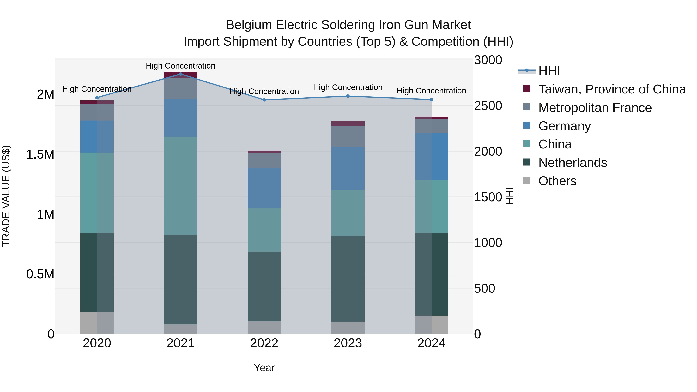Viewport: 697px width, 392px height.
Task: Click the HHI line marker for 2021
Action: point(180,74)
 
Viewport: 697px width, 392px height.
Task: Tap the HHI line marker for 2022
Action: point(264,100)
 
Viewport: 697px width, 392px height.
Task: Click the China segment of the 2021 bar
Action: point(180,186)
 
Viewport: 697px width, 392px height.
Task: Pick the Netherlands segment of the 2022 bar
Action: point(264,286)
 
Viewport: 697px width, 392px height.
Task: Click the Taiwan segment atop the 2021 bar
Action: point(180,75)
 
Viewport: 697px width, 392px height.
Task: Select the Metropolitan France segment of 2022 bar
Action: point(264,160)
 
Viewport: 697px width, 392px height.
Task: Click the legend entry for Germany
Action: point(564,126)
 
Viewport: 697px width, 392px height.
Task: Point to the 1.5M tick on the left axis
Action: point(40,154)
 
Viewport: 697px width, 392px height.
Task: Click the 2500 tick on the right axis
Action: point(488,106)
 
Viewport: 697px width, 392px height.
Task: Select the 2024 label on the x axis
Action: point(431,343)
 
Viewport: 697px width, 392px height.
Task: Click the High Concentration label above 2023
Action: point(348,87)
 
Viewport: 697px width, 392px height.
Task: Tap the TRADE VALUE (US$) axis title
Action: point(6,196)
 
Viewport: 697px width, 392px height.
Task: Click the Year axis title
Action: point(264,368)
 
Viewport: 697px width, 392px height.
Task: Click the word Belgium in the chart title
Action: point(249,25)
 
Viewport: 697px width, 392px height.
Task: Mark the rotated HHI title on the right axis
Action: point(509,196)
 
